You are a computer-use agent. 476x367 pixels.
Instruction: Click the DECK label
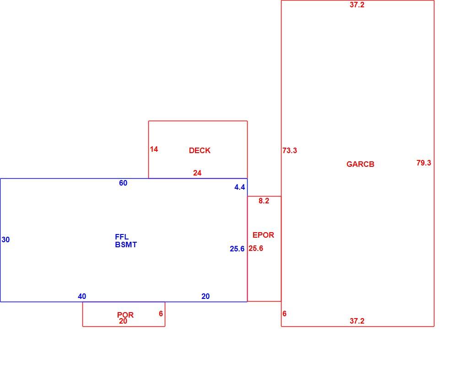(x=200, y=150)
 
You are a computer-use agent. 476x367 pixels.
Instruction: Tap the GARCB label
(x=360, y=164)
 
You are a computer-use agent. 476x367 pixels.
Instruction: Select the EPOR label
(x=263, y=235)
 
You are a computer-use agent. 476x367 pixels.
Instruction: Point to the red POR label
(x=125, y=314)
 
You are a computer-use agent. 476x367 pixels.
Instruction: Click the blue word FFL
(x=122, y=237)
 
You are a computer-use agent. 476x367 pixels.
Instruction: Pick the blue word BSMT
(x=126, y=245)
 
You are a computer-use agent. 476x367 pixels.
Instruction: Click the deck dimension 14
(x=154, y=149)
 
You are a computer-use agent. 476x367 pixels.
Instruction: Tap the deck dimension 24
(x=197, y=173)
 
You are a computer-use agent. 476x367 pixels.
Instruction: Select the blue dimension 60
(x=123, y=183)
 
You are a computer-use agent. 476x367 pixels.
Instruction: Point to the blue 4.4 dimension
(x=239, y=187)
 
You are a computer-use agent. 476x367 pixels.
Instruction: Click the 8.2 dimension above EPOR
(x=264, y=201)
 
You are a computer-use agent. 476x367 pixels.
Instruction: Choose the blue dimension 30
(x=5, y=240)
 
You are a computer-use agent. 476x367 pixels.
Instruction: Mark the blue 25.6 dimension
(x=237, y=249)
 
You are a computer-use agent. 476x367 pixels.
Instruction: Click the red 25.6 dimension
(x=256, y=248)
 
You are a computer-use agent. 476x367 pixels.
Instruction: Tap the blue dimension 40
(x=82, y=297)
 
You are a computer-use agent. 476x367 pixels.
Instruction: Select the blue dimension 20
(x=206, y=297)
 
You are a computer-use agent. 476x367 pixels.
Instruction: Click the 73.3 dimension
(x=290, y=150)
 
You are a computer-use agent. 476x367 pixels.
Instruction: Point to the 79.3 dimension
(x=424, y=163)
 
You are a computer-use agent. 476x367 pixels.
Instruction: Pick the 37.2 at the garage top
(x=357, y=5)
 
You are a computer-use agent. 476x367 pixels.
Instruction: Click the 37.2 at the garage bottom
(x=357, y=321)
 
